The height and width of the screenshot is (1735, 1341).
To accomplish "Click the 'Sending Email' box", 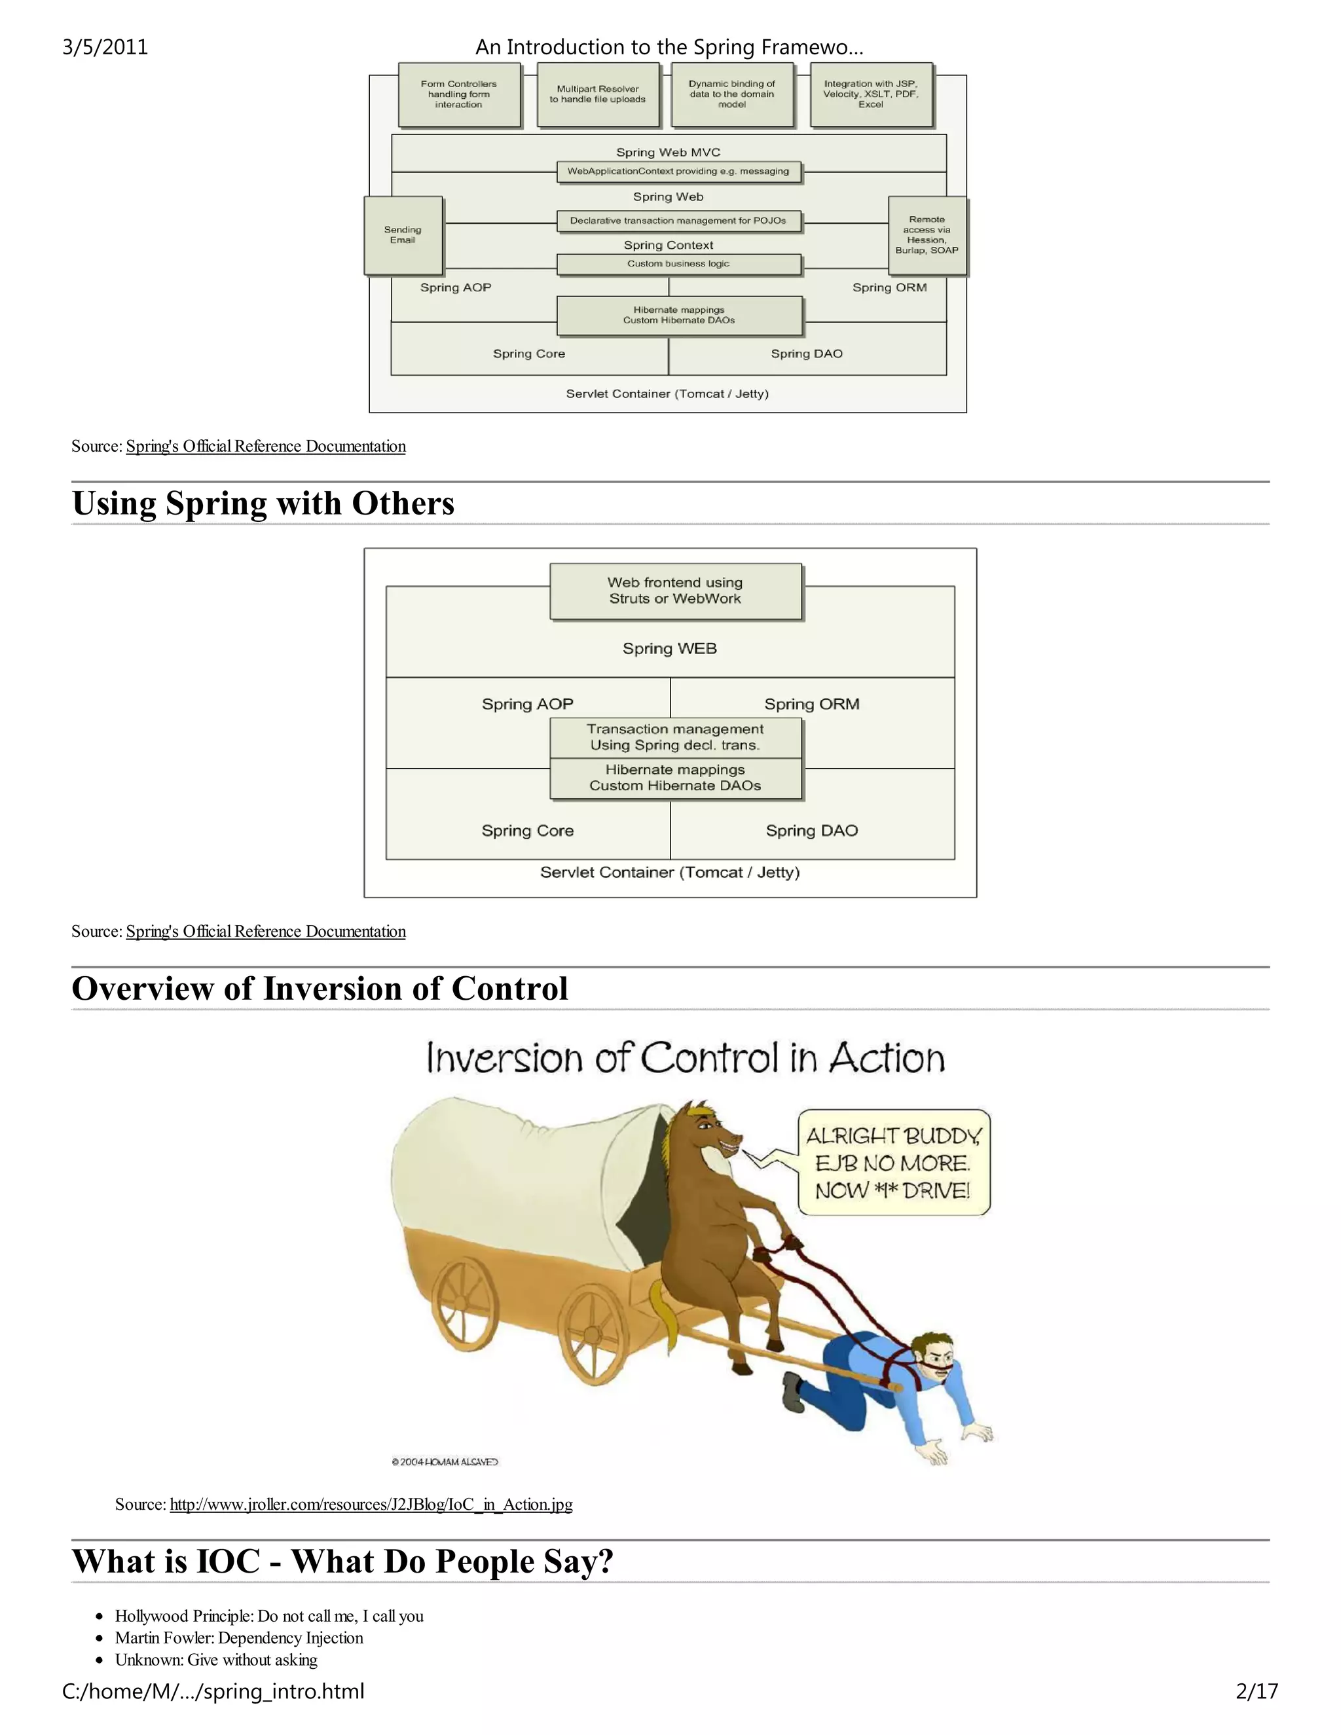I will [x=403, y=235].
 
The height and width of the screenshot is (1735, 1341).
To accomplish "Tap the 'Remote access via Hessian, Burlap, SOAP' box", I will [x=927, y=235].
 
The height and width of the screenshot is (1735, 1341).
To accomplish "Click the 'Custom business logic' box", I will [x=678, y=264].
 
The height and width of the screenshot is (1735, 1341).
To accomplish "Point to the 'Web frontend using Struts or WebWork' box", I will [x=675, y=591].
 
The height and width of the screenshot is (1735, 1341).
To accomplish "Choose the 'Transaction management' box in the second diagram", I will [x=675, y=737].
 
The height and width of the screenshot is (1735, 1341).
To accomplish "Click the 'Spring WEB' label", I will [x=670, y=649].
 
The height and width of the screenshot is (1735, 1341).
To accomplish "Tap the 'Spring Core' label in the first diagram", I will [x=529, y=354].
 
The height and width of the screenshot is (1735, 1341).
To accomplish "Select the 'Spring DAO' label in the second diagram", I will [x=811, y=831].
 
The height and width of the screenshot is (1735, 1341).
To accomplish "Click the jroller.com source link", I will [x=371, y=1505].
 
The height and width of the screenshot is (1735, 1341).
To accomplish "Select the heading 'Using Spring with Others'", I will [x=263, y=503].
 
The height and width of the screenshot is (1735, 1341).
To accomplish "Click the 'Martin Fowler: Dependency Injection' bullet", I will [x=239, y=1638].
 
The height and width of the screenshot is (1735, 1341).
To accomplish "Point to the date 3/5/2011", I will [x=105, y=47].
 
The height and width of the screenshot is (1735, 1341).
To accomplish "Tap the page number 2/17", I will [x=1257, y=1692].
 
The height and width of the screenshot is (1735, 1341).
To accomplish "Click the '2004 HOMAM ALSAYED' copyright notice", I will [x=445, y=1462].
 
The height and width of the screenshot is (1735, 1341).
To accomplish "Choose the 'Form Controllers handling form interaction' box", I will [x=458, y=94].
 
